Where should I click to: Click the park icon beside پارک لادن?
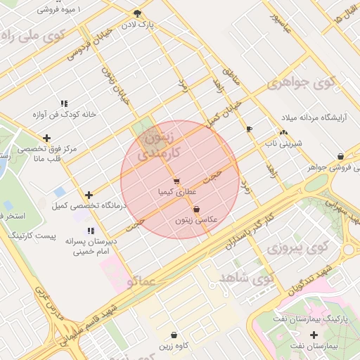click(x=136, y=13)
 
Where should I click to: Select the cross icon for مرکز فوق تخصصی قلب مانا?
click(x=47, y=138)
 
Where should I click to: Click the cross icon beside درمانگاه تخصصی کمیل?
click(x=89, y=195)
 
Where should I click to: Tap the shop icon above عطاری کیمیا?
click(x=176, y=181)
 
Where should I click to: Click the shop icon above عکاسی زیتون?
click(x=195, y=209)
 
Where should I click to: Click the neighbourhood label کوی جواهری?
click(x=302, y=84)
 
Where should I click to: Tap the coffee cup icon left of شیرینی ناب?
click(x=249, y=129)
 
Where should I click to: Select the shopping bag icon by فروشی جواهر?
click(x=340, y=156)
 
